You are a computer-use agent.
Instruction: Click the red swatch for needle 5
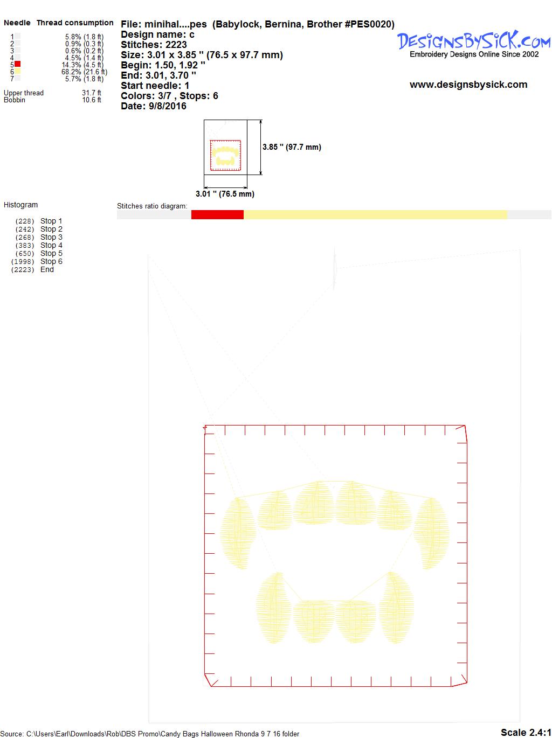pos(17,64)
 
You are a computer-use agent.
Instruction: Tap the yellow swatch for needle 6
pos(17,71)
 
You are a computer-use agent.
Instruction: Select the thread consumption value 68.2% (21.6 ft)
pos(84,72)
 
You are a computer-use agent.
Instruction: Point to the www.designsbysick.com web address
pos(468,85)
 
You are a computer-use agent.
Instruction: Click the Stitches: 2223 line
pos(154,45)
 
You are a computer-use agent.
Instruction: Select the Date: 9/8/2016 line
pos(154,106)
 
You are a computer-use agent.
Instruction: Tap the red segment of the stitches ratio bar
pos(217,214)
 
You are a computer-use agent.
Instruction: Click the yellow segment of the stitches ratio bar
pos(375,214)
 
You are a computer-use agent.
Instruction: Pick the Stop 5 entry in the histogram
pos(51,253)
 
